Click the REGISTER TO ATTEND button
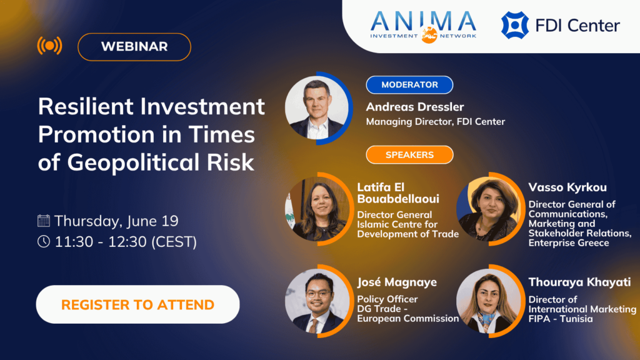[137, 304]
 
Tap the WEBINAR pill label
[134, 47]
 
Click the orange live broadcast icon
[50, 46]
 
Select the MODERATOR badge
[409, 85]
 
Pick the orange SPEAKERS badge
[409, 155]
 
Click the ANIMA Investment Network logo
[423, 26]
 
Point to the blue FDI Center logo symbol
[515, 25]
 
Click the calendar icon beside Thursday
[44, 221]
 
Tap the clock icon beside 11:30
[44, 242]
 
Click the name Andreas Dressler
[415, 107]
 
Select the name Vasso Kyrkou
[567, 187]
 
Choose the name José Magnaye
[397, 282]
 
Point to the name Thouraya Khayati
[579, 282]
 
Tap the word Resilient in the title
[86, 106]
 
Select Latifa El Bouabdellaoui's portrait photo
[317, 209]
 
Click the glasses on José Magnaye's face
[319, 293]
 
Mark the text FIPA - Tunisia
[561, 319]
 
